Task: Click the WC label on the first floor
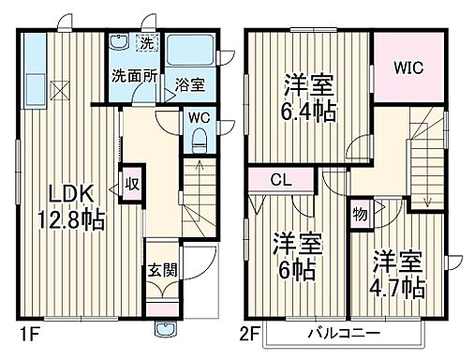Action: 198,118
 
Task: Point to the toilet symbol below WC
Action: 198,141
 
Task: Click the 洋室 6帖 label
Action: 296,254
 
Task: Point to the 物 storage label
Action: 360,214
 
